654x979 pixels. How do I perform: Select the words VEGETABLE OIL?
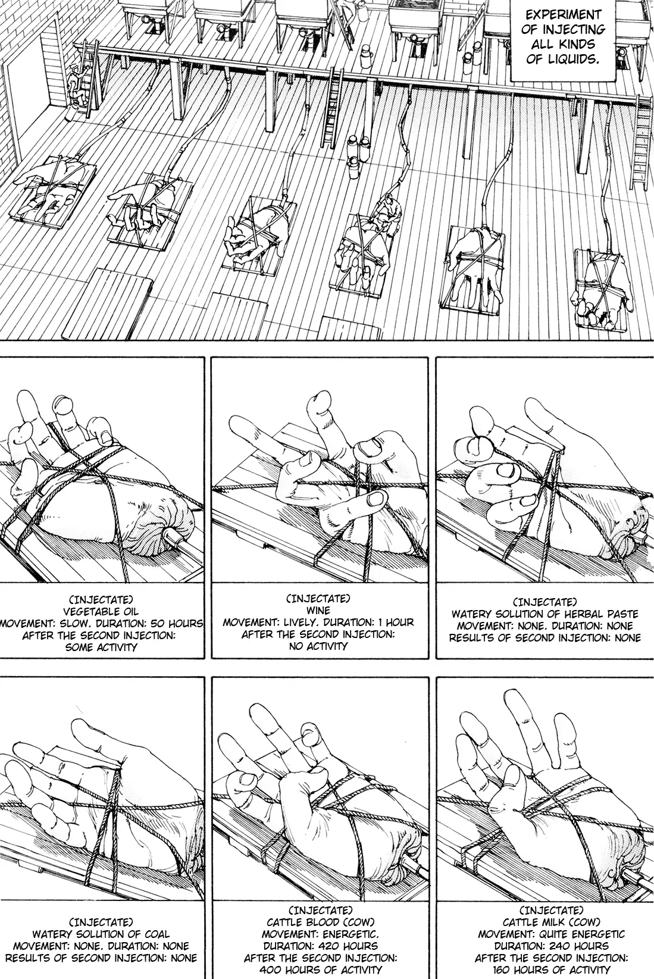point(101,611)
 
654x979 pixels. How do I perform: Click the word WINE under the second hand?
point(318,610)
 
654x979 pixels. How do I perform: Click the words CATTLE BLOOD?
point(303,922)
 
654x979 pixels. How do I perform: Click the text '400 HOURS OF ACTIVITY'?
point(320,970)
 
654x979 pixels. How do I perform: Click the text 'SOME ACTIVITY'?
point(101,648)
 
